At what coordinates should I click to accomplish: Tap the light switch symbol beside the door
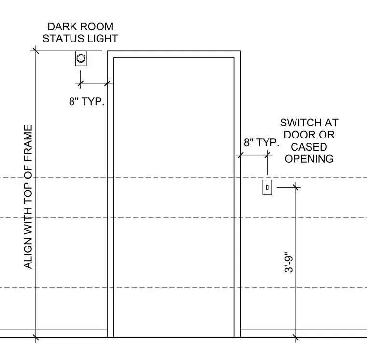click(x=268, y=187)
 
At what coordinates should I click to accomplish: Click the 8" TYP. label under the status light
click(x=86, y=101)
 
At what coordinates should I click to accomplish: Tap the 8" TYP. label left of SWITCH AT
click(x=261, y=142)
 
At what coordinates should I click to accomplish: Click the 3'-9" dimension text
click(x=289, y=262)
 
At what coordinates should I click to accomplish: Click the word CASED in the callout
click(x=309, y=147)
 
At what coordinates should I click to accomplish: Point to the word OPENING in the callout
click(x=309, y=159)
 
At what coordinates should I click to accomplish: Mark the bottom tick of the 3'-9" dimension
click(x=296, y=337)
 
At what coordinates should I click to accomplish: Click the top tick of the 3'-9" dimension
click(x=296, y=187)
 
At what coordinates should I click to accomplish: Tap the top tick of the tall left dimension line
click(x=36, y=51)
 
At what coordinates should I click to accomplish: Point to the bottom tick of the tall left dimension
click(x=36, y=337)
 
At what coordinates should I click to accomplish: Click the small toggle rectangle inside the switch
click(x=268, y=187)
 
